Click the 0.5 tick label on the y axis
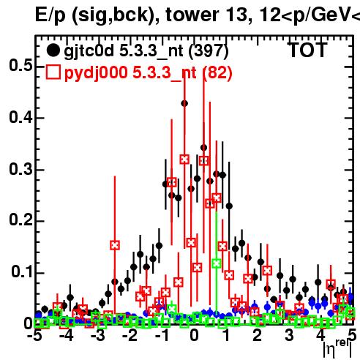click(x=20, y=66)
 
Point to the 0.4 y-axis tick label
click(x=20, y=117)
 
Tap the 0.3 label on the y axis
click(x=20, y=169)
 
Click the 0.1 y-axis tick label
click(x=21, y=271)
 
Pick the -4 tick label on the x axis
click(x=67, y=336)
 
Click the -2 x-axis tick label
click(x=130, y=336)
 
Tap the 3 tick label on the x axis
click(x=289, y=336)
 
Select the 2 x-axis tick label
click(x=258, y=336)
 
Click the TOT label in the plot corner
click(x=308, y=50)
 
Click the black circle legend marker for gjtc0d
click(x=53, y=50)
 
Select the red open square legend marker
click(x=53, y=72)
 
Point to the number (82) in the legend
click(x=217, y=72)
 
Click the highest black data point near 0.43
click(x=184, y=103)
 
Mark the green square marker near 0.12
click(x=217, y=263)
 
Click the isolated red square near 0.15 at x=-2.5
click(x=115, y=245)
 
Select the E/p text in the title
click(x=50, y=15)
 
